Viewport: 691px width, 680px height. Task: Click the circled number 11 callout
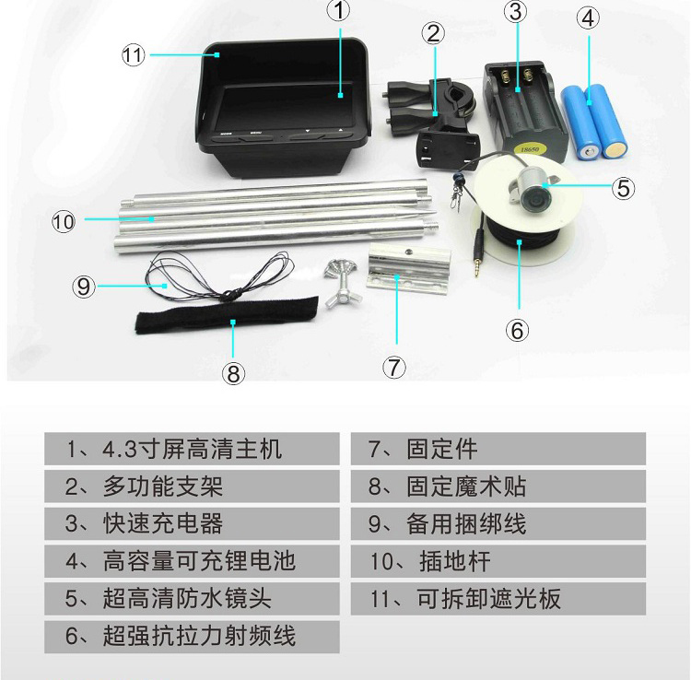133,55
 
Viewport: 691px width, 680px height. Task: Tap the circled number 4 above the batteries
588,19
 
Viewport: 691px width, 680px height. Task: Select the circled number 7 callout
394,367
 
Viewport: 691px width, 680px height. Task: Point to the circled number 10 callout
64,221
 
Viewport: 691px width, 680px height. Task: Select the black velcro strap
227,315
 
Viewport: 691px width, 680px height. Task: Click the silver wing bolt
342,283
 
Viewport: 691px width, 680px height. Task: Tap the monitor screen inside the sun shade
285,108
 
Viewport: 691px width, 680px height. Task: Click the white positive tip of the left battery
590,152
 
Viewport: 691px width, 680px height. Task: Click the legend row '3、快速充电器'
192,523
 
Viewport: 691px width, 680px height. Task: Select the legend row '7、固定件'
498,449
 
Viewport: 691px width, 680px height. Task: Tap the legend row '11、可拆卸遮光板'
498,599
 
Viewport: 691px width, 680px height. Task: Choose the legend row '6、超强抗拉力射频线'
192,637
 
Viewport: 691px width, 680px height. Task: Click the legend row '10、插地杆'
498,561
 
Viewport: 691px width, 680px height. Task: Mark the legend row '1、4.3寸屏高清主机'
192,449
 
